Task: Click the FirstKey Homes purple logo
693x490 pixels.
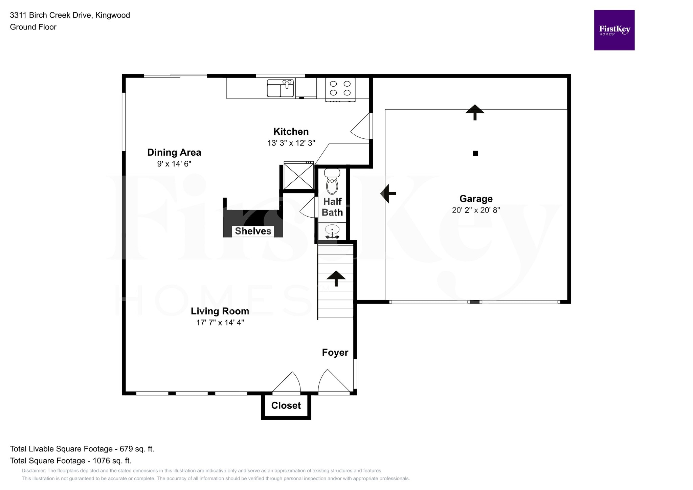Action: [614, 30]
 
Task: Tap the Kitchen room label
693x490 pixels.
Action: [291, 131]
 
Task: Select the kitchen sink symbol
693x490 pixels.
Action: [280, 88]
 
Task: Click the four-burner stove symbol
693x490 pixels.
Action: [340, 89]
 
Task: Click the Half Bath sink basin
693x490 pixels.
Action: [332, 231]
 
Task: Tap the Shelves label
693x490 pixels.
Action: [253, 231]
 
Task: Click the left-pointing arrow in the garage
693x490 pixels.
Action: [388, 194]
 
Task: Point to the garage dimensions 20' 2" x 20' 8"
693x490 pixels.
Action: [476, 210]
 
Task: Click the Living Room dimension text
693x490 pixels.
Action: [220, 322]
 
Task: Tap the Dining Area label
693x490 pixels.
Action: [174, 152]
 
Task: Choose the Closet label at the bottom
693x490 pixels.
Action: [286, 405]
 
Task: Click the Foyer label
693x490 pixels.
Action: [335, 353]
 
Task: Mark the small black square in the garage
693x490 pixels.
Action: [475, 153]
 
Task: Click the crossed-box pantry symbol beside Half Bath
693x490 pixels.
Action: [298, 176]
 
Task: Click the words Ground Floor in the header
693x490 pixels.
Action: [33, 27]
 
